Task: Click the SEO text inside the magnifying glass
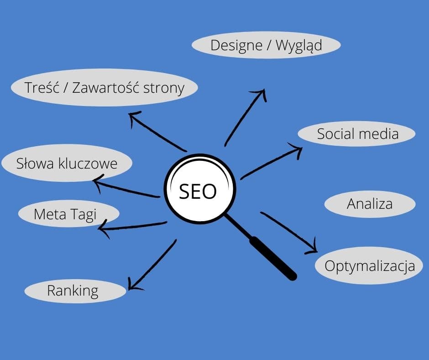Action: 198,191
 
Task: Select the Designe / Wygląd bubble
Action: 266,46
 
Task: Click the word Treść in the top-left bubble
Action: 41,87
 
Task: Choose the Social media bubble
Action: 357,134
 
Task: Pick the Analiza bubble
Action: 370,204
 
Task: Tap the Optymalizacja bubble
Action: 370,265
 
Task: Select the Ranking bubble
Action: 73,291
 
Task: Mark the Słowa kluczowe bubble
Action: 67,163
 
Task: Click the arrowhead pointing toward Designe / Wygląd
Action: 261,94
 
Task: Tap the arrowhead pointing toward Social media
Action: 297,150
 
